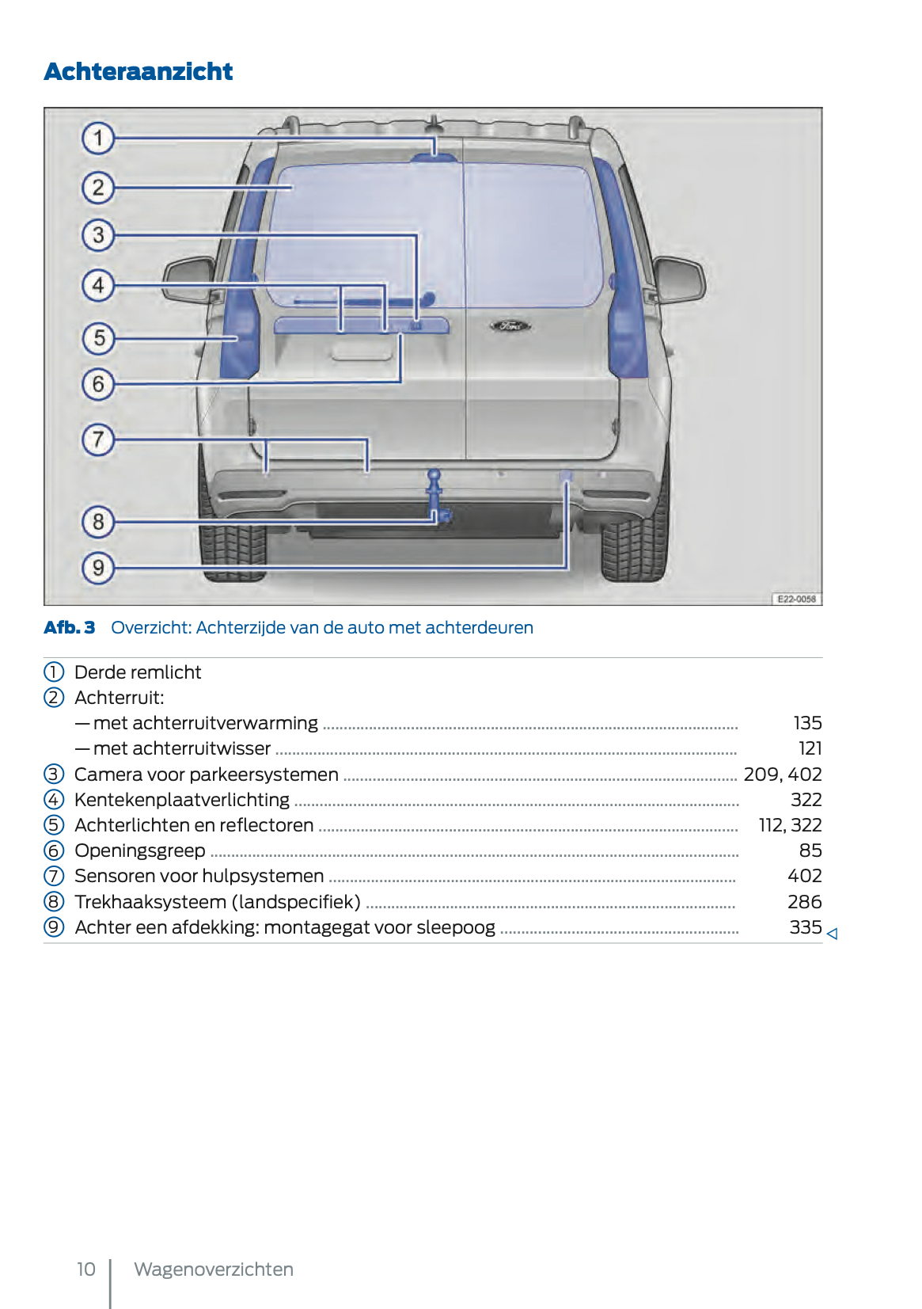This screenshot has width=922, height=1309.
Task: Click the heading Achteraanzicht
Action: tap(138, 71)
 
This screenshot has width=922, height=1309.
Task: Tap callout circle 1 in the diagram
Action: tap(98, 138)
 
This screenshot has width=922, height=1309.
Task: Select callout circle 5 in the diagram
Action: tap(98, 338)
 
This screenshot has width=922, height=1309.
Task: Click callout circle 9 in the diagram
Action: tap(98, 568)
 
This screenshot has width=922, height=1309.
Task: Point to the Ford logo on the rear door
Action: tap(509, 325)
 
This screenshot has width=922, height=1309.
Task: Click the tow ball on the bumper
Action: tap(434, 476)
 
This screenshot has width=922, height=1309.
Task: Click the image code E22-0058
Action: tap(795, 599)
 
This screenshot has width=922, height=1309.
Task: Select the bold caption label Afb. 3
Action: tap(70, 627)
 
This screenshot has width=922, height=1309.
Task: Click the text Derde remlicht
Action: tap(138, 672)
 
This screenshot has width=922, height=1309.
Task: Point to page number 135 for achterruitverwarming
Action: tap(807, 723)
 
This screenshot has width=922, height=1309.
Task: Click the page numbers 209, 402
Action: tap(782, 774)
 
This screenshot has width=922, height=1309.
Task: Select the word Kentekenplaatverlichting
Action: tap(182, 800)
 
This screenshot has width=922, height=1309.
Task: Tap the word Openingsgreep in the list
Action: tap(140, 850)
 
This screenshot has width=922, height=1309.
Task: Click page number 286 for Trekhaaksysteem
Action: tap(804, 902)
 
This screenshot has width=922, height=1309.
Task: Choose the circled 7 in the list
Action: tap(54, 876)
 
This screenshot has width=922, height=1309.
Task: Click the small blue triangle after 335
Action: tap(832, 934)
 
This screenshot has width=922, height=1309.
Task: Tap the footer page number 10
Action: tap(85, 1269)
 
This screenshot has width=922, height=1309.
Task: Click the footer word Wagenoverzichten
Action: tap(214, 1269)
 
